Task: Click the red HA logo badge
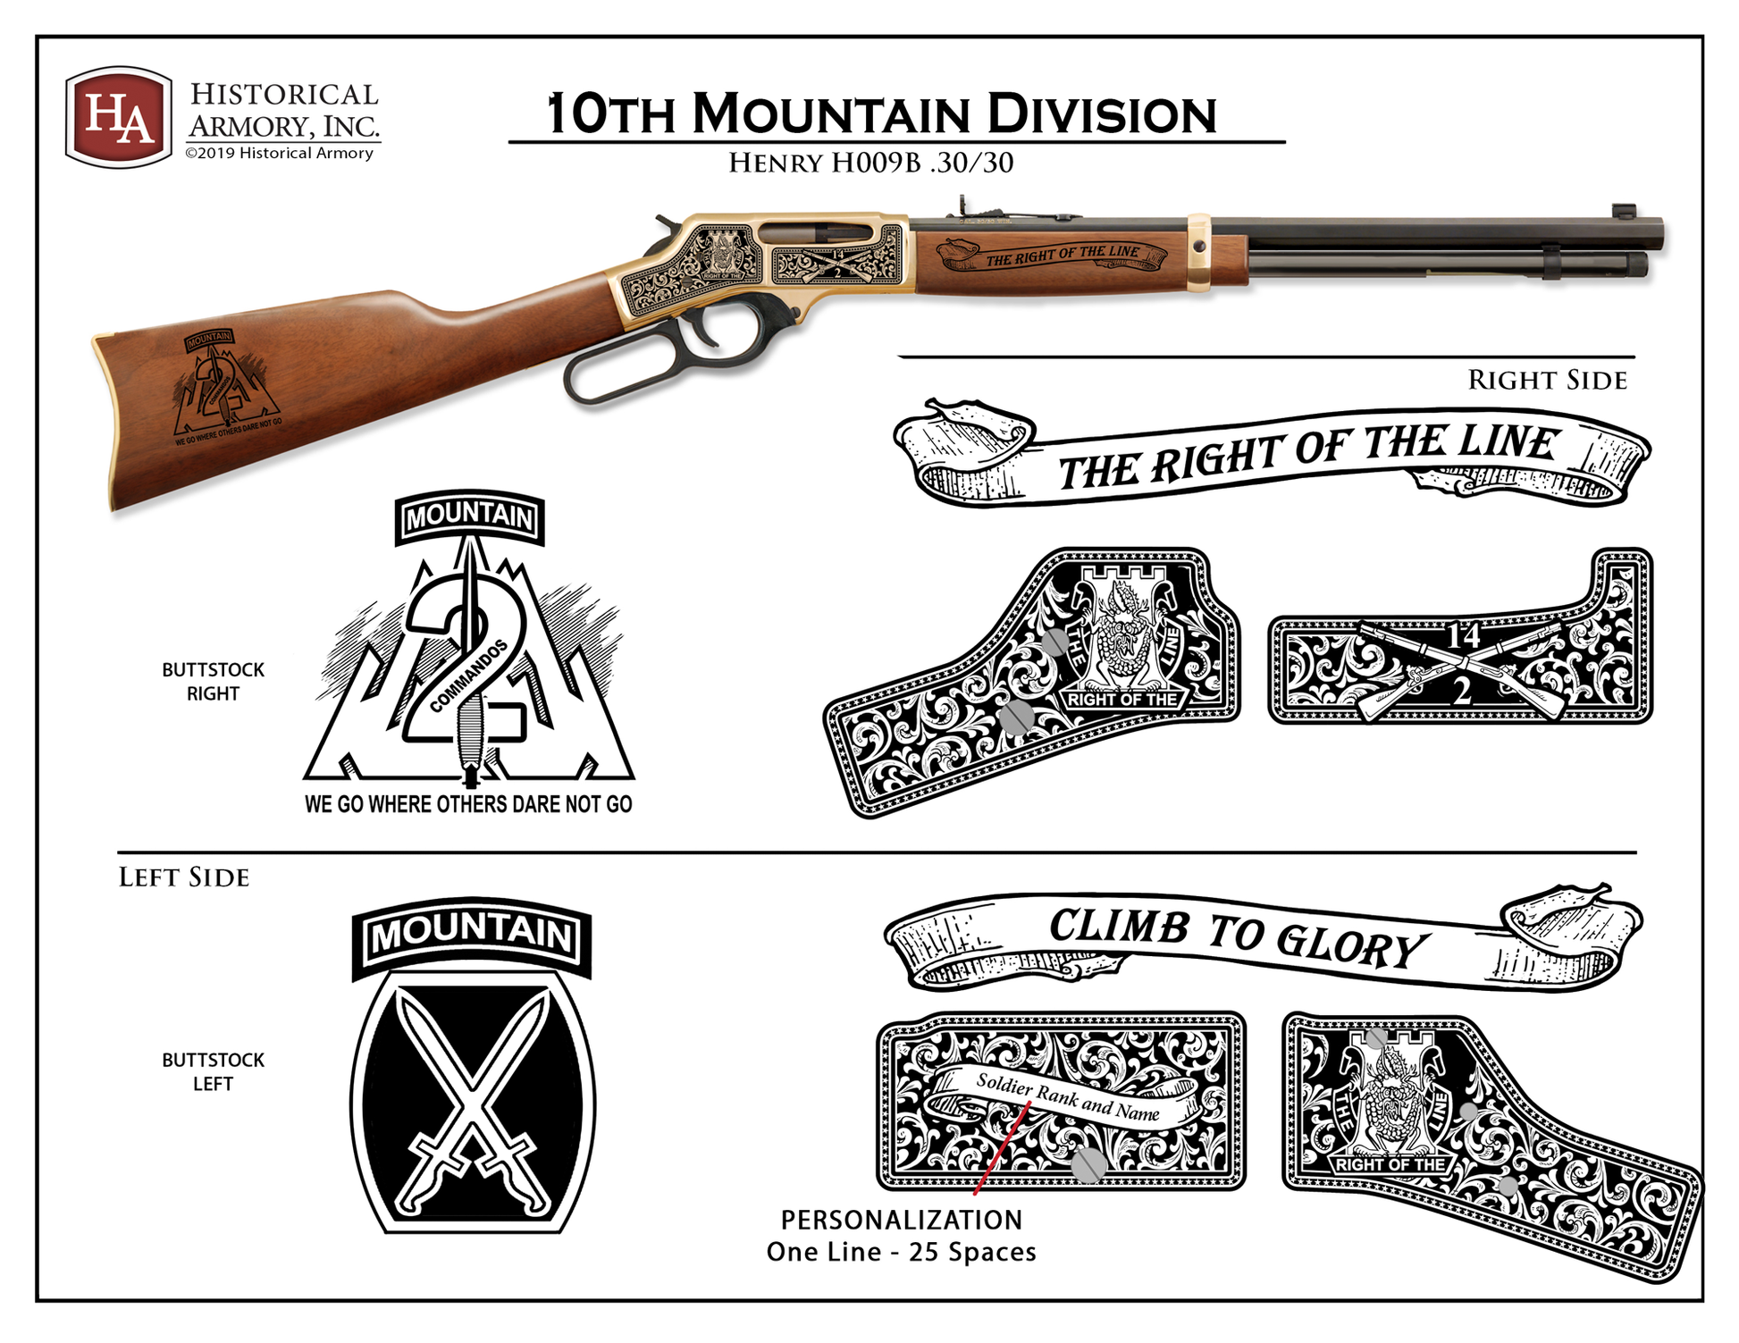pos(118,117)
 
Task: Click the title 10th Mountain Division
pos(881,114)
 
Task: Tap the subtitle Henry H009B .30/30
pos(870,164)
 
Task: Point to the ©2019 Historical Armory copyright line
pos(279,154)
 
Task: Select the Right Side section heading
pos(1547,381)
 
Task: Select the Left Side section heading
pos(184,877)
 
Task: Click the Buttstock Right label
pos(213,682)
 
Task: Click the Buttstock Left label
pos(213,1071)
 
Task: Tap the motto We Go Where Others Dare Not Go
pos(468,804)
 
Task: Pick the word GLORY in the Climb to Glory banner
pos(1349,944)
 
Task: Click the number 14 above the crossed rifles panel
pos(1463,636)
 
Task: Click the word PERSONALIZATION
pos(901,1220)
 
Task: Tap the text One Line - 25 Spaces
pos(901,1252)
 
